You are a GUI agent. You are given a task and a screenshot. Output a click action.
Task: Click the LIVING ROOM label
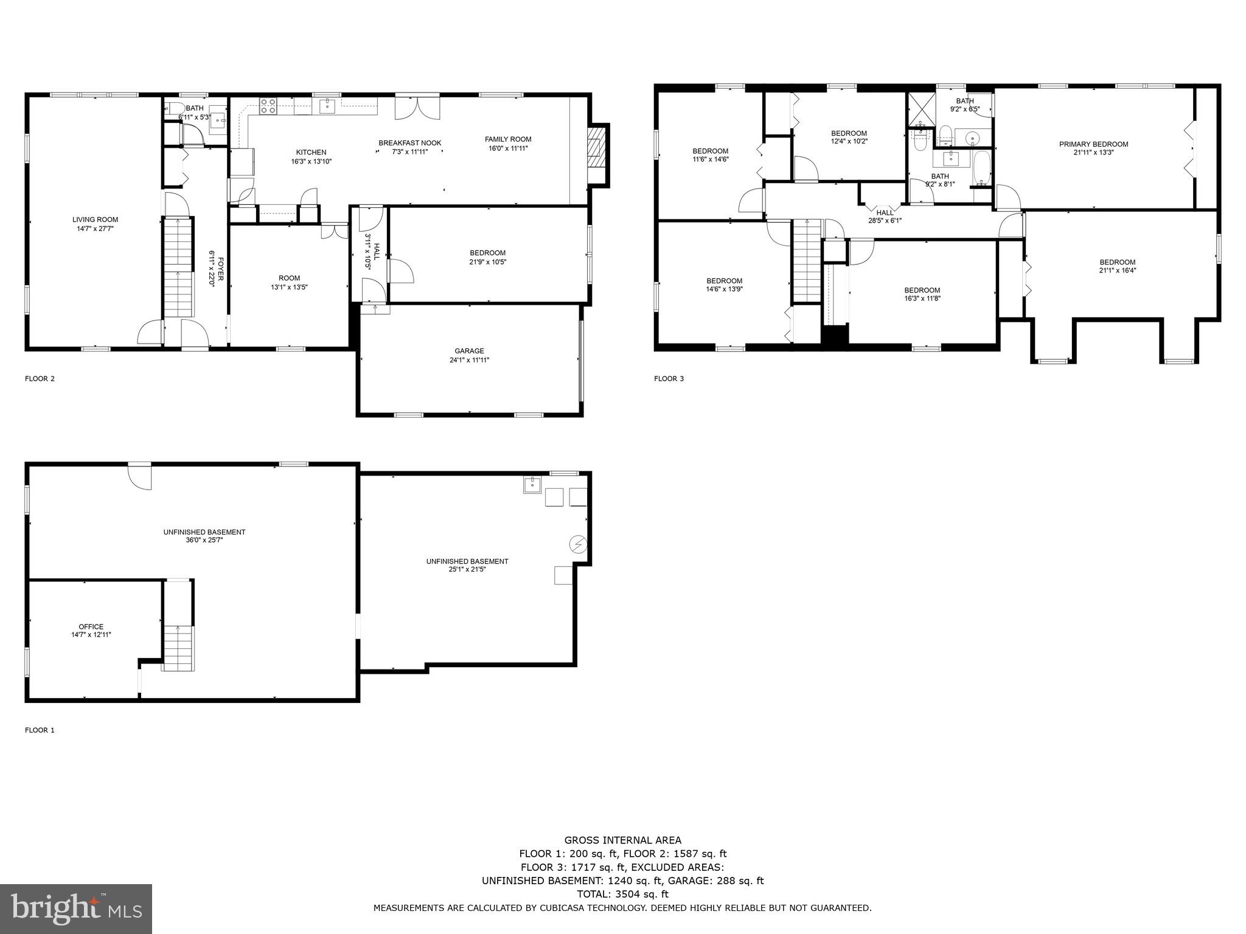95,220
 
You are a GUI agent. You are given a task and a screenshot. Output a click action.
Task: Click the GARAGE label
469,351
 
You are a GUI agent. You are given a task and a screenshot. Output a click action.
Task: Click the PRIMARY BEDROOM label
1093,145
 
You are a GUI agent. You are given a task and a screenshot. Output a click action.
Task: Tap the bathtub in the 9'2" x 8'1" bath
981,169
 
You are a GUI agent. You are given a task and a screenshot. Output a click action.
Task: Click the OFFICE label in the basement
91,627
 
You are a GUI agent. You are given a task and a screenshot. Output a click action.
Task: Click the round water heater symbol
577,543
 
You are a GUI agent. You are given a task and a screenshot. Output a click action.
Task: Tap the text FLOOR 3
669,379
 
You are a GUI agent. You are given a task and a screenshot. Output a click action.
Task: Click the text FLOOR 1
40,730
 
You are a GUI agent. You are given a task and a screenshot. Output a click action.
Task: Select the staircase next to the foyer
178,266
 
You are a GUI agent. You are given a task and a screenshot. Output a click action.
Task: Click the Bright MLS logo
76,908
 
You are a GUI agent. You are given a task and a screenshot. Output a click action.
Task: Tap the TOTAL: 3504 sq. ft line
622,894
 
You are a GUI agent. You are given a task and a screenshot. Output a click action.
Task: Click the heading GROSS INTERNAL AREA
622,840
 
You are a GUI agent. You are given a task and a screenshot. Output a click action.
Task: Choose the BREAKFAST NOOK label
409,144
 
